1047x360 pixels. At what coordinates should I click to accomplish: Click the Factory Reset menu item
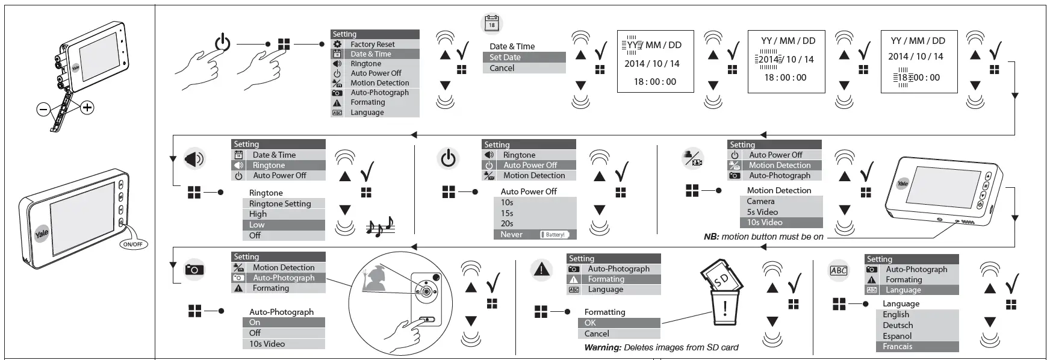(373, 44)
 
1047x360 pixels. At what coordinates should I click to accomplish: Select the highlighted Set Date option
(505, 57)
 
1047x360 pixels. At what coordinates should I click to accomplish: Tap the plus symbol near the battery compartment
(87, 108)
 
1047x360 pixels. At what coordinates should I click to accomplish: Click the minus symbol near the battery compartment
(43, 110)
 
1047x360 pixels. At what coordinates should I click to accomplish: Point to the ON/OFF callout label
(132, 244)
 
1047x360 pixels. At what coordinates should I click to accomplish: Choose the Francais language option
(897, 347)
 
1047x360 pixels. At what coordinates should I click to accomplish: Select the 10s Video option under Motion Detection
(765, 223)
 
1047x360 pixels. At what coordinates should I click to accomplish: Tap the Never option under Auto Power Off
(512, 235)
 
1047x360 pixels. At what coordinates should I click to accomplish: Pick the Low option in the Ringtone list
(257, 225)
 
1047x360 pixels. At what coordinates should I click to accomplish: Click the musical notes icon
(380, 227)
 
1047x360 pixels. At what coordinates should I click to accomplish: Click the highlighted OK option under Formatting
(590, 323)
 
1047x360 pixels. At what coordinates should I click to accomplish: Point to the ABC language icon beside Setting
(838, 270)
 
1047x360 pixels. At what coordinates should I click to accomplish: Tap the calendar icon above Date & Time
(492, 23)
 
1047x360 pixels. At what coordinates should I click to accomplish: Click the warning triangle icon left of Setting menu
(541, 270)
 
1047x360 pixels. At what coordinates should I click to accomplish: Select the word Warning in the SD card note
(602, 347)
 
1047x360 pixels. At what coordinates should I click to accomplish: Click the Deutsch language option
(898, 325)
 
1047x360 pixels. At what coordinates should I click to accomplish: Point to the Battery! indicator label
(555, 235)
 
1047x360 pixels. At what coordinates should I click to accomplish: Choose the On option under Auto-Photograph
(255, 323)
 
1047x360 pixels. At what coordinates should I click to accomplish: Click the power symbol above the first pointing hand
(222, 43)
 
